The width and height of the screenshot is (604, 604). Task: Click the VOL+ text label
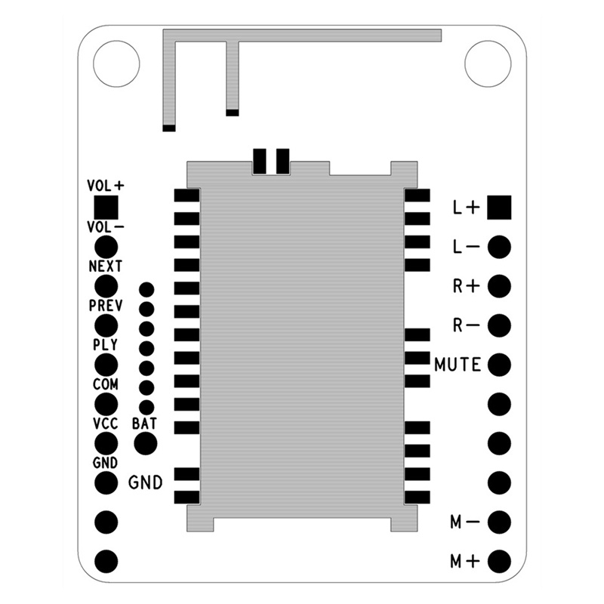click(x=106, y=185)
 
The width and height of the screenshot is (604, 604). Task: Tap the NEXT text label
click(x=106, y=267)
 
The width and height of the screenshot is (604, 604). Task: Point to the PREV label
click(x=106, y=306)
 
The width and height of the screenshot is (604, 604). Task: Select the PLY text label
click(x=106, y=345)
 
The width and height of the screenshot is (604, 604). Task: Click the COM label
click(x=106, y=384)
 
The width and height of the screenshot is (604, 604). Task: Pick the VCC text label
click(x=106, y=424)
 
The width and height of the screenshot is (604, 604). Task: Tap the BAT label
click(x=144, y=424)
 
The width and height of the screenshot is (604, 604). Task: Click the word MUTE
click(x=458, y=365)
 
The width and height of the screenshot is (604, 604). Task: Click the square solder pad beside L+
click(x=499, y=207)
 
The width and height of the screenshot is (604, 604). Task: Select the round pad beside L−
click(x=499, y=247)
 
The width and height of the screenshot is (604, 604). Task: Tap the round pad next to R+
click(x=499, y=286)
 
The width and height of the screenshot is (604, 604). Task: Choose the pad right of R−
click(x=499, y=325)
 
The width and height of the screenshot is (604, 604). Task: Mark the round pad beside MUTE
click(x=499, y=365)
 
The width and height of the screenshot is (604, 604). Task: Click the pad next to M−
click(x=499, y=522)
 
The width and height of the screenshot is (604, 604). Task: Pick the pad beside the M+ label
click(x=499, y=561)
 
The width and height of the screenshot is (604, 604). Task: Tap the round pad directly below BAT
click(x=144, y=443)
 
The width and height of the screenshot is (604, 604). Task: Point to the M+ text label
click(x=465, y=561)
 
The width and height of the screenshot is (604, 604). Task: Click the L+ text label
click(x=466, y=208)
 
